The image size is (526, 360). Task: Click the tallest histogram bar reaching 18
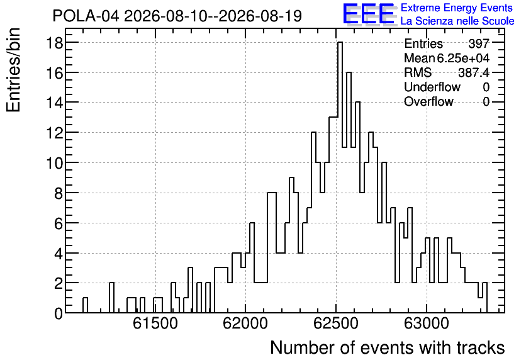[x=340, y=177]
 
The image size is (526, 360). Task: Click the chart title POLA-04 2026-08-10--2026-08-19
[x=177, y=16]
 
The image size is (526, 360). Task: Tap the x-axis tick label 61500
[x=155, y=323]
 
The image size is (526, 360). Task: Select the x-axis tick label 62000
[x=245, y=323]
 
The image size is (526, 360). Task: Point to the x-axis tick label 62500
[x=336, y=323]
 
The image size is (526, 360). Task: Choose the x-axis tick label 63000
[x=426, y=323]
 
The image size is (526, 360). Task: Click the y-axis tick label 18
[x=54, y=43]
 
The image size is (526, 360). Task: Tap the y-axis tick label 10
[x=54, y=163]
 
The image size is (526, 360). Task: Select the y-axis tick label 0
[x=59, y=313]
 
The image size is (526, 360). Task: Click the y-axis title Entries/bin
[x=13, y=70]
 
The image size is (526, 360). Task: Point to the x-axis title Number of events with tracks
[x=388, y=347]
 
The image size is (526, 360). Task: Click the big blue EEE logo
[x=369, y=14]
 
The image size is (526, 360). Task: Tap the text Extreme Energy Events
[x=457, y=8]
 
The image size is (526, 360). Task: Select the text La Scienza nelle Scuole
[x=457, y=21]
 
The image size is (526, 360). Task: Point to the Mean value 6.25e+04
[x=463, y=58]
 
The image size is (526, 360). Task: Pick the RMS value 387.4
[x=474, y=72]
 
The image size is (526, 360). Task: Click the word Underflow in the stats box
[x=432, y=87]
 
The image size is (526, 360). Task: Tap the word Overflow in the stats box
[x=428, y=101]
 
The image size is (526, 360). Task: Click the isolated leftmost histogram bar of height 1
[x=85, y=305]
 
